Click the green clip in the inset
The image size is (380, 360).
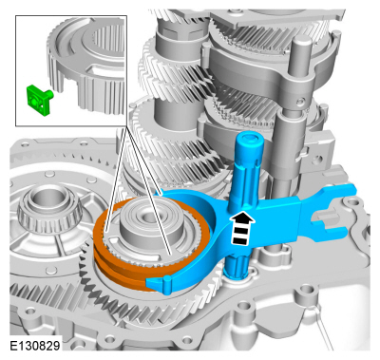(38, 100)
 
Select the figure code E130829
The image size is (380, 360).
(35, 346)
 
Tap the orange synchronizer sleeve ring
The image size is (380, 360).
(104, 254)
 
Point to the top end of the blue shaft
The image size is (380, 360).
(249, 138)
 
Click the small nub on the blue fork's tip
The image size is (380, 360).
(167, 279)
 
